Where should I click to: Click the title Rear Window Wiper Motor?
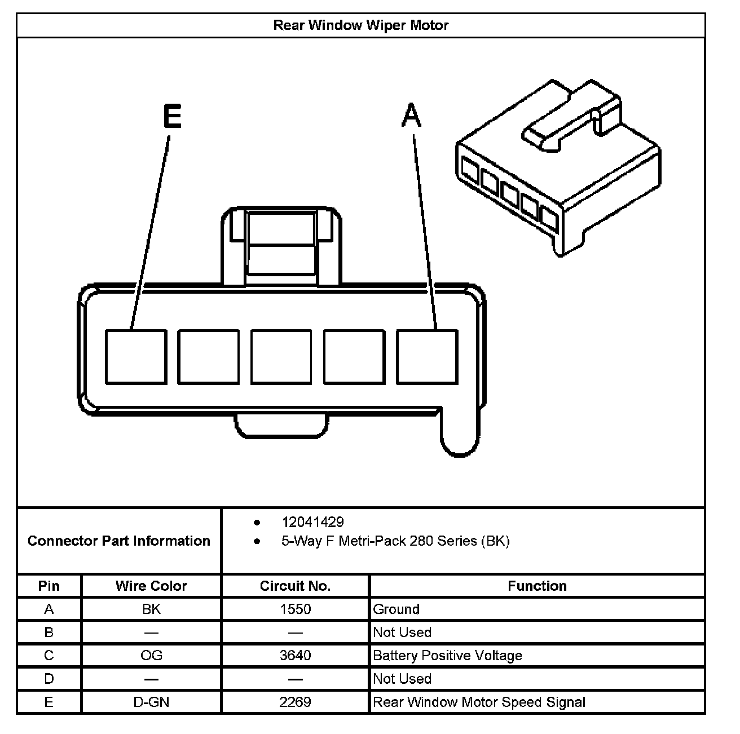tap(361, 25)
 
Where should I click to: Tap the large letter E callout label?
tap(172, 117)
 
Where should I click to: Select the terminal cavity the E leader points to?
tap(136, 357)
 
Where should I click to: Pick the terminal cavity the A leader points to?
tap(427, 357)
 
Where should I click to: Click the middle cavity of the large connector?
tap(281, 357)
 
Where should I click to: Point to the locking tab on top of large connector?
tap(281, 245)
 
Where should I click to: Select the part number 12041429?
tap(312, 522)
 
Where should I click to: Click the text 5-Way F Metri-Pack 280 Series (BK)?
tap(395, 541)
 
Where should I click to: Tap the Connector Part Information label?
tap(119, 541)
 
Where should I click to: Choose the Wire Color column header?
tap(151, 586)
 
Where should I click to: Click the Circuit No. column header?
tap(295, 586)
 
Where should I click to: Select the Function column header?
tap(537, 586)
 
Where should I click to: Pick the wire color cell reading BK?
tap(151, 609)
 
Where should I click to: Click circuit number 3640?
tap(295, 656)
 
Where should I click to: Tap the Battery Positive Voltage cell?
tap(448, 656)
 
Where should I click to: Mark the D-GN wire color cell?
tap(151, 702)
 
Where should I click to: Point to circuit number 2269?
tap(295, 702)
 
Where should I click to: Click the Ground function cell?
tap(397, 609)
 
